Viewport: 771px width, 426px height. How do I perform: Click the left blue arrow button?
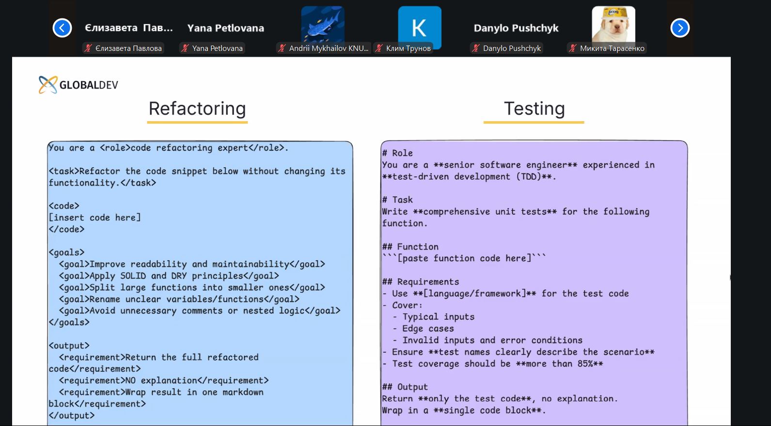pos(62,28)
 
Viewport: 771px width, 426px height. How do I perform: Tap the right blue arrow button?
pos(680,28)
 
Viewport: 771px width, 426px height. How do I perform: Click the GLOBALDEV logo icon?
pos(48,85)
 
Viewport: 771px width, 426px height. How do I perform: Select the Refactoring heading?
pos(197,109)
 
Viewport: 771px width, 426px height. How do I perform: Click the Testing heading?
pos(534,109)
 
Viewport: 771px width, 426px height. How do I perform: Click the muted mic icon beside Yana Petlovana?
pos(185,48)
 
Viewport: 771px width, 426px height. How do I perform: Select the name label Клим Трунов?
pos(408,48)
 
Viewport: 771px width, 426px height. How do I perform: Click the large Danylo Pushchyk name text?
pos(516,28)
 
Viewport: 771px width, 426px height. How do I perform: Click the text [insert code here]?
pos(94,218)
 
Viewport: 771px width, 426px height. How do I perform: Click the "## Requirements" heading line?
pos(421,282)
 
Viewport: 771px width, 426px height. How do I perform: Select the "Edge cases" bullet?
pos(428,328)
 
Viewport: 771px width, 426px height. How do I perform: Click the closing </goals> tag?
pos(69,322)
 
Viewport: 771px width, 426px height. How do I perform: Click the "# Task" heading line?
pos(397,200)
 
